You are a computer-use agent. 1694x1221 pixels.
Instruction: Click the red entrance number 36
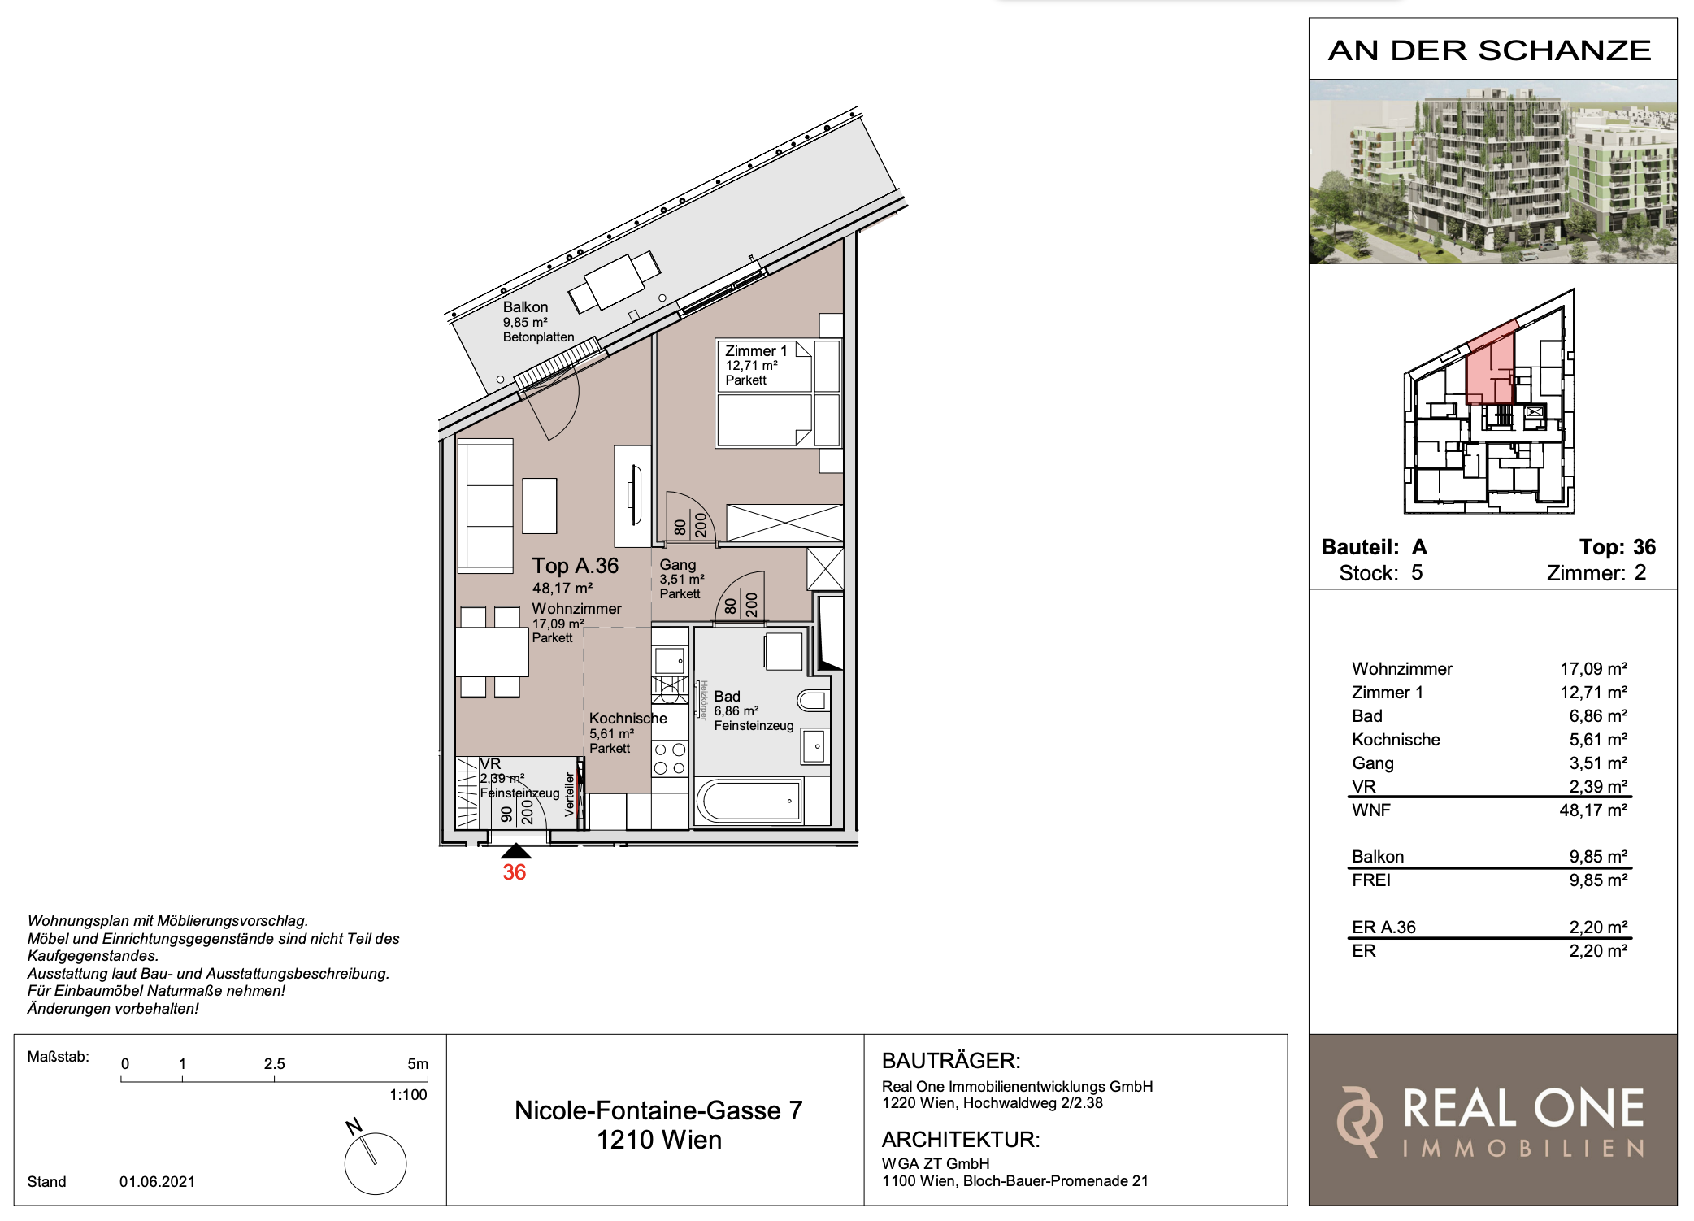click(514, 872)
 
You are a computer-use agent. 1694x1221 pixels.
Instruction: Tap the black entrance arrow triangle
click(515, 851)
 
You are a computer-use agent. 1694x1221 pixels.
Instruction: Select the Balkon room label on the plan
click(525, 307)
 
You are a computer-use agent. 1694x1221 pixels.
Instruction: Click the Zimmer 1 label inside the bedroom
click(756, 351)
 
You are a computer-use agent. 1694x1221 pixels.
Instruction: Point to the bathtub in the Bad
click(749, 802)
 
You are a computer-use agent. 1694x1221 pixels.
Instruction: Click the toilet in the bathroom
click(813, 700)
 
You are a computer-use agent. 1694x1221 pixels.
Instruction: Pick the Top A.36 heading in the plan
click(576, 566)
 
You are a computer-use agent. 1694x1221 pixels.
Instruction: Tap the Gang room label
click(677, 564)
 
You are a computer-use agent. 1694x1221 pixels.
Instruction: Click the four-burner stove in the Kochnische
click(670, 758)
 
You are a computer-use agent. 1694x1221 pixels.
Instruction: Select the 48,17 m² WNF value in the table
click(1593, 810)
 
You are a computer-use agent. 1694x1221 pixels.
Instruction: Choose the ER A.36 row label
click(1383, 928)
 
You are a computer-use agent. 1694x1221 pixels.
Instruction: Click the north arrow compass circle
click(376, 1164)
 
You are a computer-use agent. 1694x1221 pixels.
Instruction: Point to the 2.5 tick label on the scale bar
click(275, 1064)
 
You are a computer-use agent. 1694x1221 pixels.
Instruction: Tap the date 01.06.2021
click(157, 1182)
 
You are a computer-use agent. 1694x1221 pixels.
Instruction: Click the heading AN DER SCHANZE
click(1489, 50)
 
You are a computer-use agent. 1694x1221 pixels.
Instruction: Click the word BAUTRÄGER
click(951, 1061)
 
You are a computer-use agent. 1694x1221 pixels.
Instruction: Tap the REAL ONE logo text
click(1523, 1109)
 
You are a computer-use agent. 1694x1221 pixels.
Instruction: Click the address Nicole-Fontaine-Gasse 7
click(658, 1110)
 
